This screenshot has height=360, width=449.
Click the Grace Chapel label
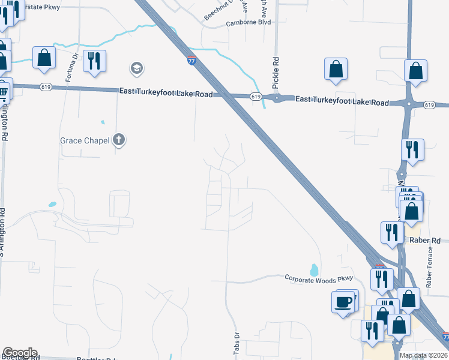coord(85,141)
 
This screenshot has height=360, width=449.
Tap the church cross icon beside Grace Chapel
coord(119,140)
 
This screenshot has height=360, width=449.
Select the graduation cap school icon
coord(137,68)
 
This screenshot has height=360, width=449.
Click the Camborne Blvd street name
coord(249,22)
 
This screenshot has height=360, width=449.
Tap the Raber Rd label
coord(425,241)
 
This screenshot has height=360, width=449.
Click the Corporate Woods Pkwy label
coord(318,278)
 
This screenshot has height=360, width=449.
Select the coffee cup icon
coord(343,301)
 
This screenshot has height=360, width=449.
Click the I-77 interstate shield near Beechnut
coord(191,61)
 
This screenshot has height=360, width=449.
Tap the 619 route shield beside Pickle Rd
coord(256,97)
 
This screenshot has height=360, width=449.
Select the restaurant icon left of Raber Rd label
coord(391,232)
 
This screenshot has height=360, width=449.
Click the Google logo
coord(20,353)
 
